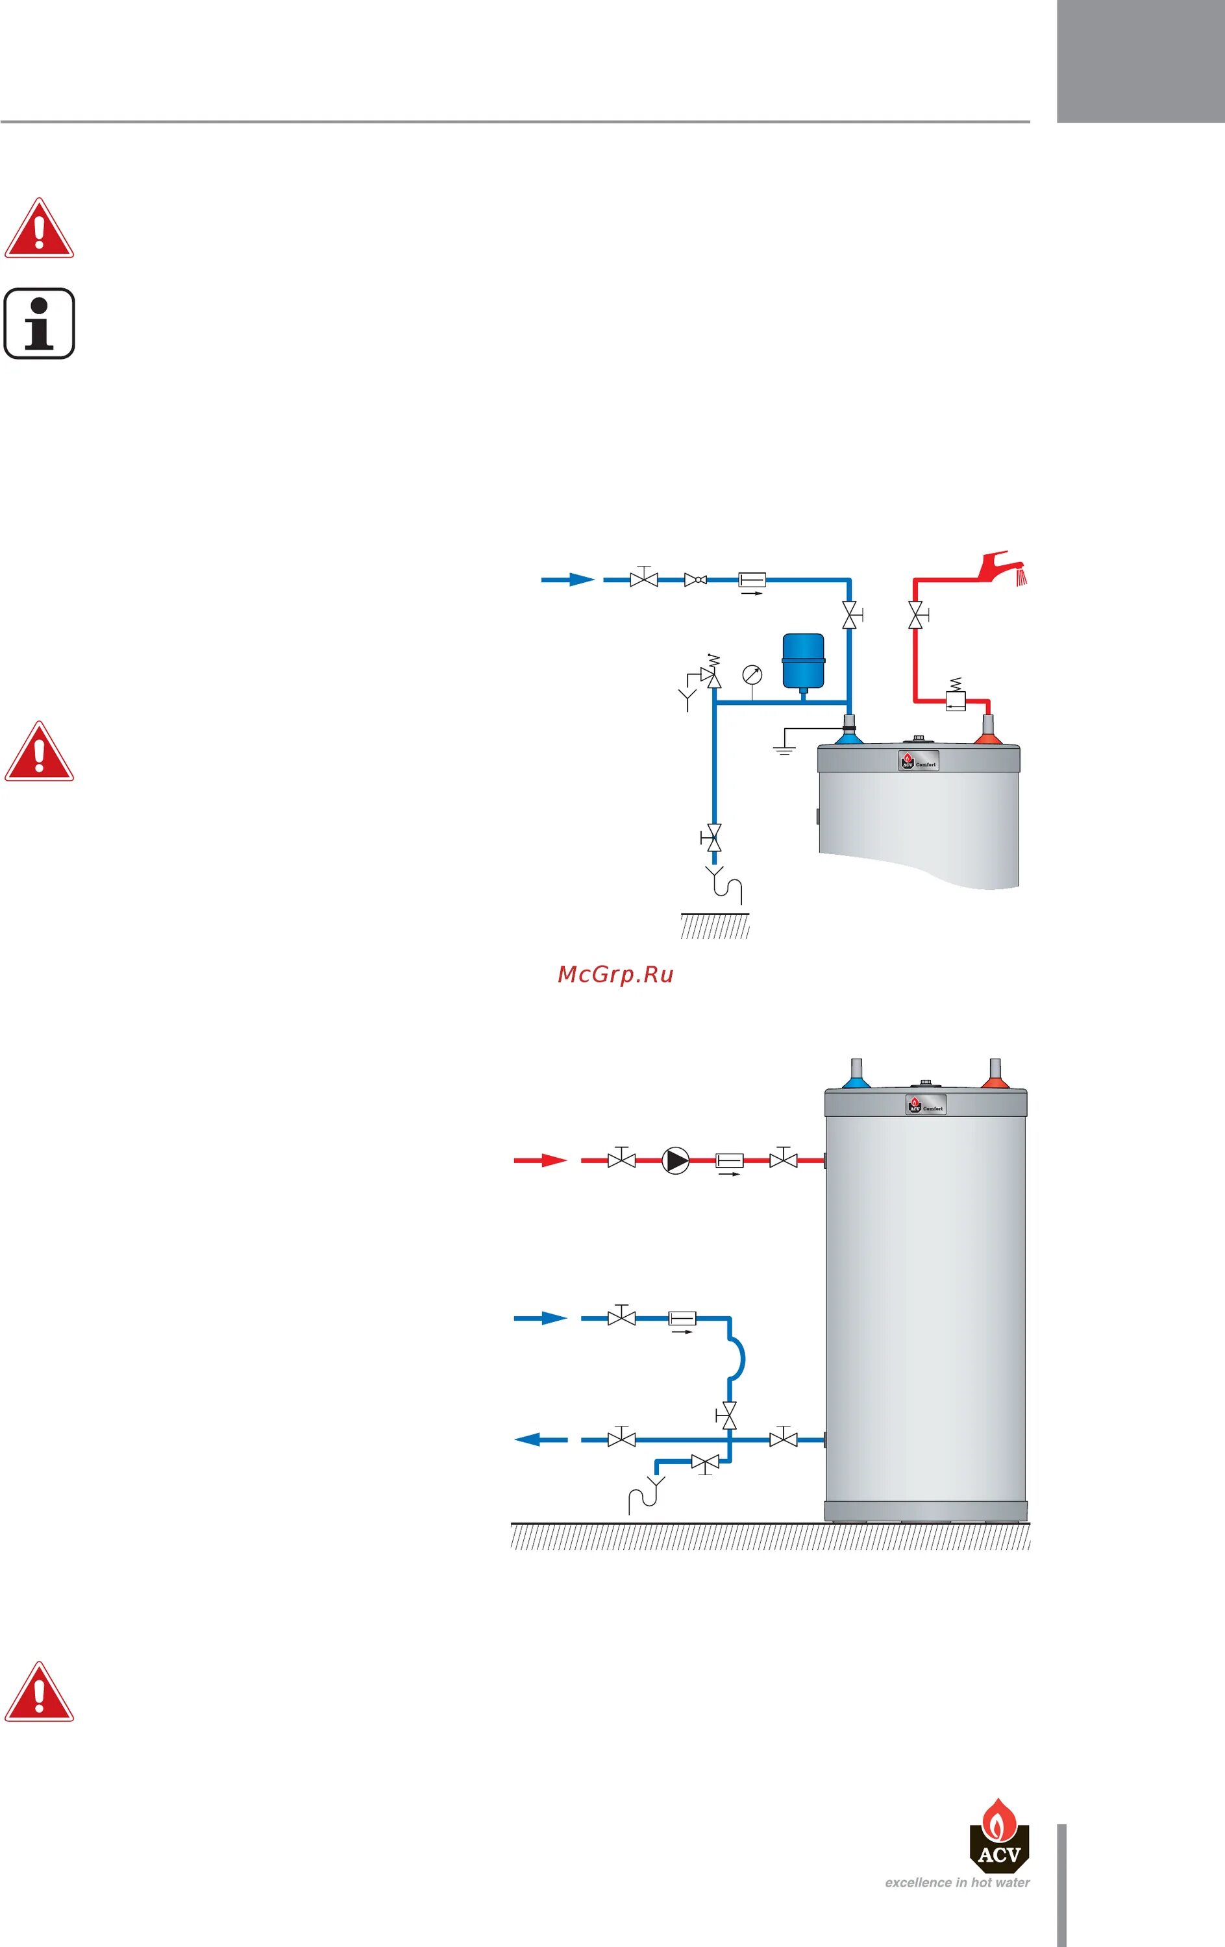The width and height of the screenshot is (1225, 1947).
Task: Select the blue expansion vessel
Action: click(x=803, y=661)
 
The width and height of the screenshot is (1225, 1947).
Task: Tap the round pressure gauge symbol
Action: click(x=752, y=674)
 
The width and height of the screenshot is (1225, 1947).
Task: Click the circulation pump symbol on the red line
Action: click(x=675, y=1160)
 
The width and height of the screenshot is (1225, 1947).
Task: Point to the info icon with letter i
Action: click(x=40, y=323)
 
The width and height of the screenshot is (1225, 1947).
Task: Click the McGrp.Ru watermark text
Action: click(x=615, y=974)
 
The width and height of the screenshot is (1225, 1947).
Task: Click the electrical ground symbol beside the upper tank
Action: click(x=784, y=746)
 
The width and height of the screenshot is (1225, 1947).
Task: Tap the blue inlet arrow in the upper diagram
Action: click(x=569, y=580)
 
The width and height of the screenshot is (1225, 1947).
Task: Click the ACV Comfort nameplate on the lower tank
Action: click(x=925, y=1105)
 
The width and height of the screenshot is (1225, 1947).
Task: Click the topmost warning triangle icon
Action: click(x=39, y=230)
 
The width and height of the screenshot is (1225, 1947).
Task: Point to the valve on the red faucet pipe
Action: click(x=915, y=616)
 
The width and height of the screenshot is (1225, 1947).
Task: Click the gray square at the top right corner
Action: click(x=1140, y=60)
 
